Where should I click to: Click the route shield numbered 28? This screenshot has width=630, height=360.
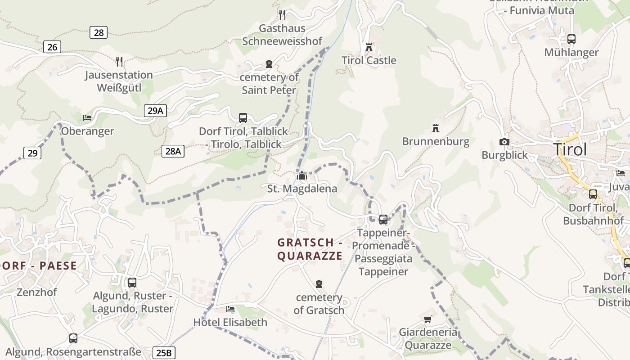(x=99, y=32)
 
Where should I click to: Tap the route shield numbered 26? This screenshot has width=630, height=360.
(x=52, y=47)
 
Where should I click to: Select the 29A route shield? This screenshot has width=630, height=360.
(x=155, y=111)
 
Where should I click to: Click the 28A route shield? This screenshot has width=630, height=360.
(x=173, y=151)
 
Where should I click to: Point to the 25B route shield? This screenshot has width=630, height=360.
(x=164, y=353)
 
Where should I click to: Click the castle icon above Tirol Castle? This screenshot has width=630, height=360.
(x=369, y=47)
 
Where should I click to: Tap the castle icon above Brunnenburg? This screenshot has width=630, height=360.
(x=435, y=128)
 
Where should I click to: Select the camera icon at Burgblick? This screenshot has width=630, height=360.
(x=504, y=142)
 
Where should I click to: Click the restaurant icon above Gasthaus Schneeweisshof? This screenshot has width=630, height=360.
(x=282, y=15)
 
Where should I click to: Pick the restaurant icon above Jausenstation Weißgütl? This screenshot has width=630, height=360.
(x=119, y=62)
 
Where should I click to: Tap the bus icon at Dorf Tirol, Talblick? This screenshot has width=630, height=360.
(x=243, y=118)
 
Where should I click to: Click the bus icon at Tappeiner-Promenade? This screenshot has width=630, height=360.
(x=383, y=220)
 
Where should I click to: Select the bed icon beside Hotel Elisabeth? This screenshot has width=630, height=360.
(x=230, y=309)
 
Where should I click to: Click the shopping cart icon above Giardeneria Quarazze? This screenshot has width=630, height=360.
(x=427, y=319)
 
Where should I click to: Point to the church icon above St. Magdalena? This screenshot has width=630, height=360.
(x=301, y=175)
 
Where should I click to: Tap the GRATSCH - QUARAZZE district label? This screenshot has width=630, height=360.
(x=310, y=249)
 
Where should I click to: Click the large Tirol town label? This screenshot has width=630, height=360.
(x=570, y=149)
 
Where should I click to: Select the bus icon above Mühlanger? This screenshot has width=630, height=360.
(x=571, y=39)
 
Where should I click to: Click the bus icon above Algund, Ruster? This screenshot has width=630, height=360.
(x=132, y=283)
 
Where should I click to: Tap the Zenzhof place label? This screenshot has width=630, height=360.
(x=37, y=292)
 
